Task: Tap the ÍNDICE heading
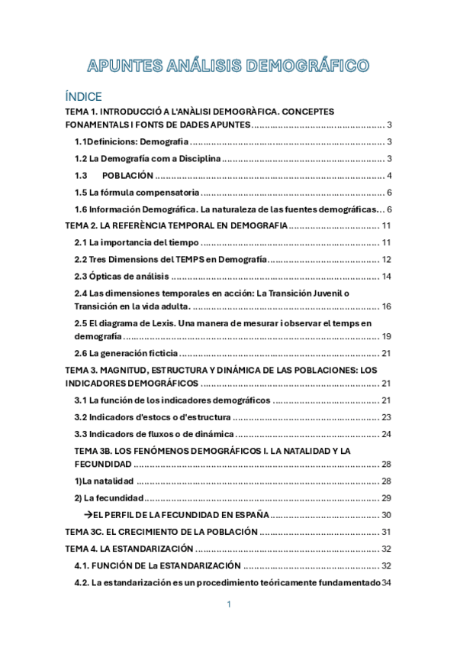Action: pos(89,97)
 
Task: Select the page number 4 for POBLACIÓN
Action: pos(389,176)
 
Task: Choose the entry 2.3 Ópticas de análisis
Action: pos(121,276)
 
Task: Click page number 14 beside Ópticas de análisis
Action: pos(386,276)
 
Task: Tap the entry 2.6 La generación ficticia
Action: pos(126,353)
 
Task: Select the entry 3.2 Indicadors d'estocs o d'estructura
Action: pos(152,417)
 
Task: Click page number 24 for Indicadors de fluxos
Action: pos(386,434)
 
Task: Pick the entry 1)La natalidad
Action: pos(105,481)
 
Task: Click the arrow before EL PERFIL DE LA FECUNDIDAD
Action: pos(88,515)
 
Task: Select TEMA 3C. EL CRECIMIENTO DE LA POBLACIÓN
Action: pos(161,532)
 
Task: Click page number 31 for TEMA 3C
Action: pos(386,532)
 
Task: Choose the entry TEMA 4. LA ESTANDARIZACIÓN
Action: pos(129,549)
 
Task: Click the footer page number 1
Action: pos(228,604)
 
